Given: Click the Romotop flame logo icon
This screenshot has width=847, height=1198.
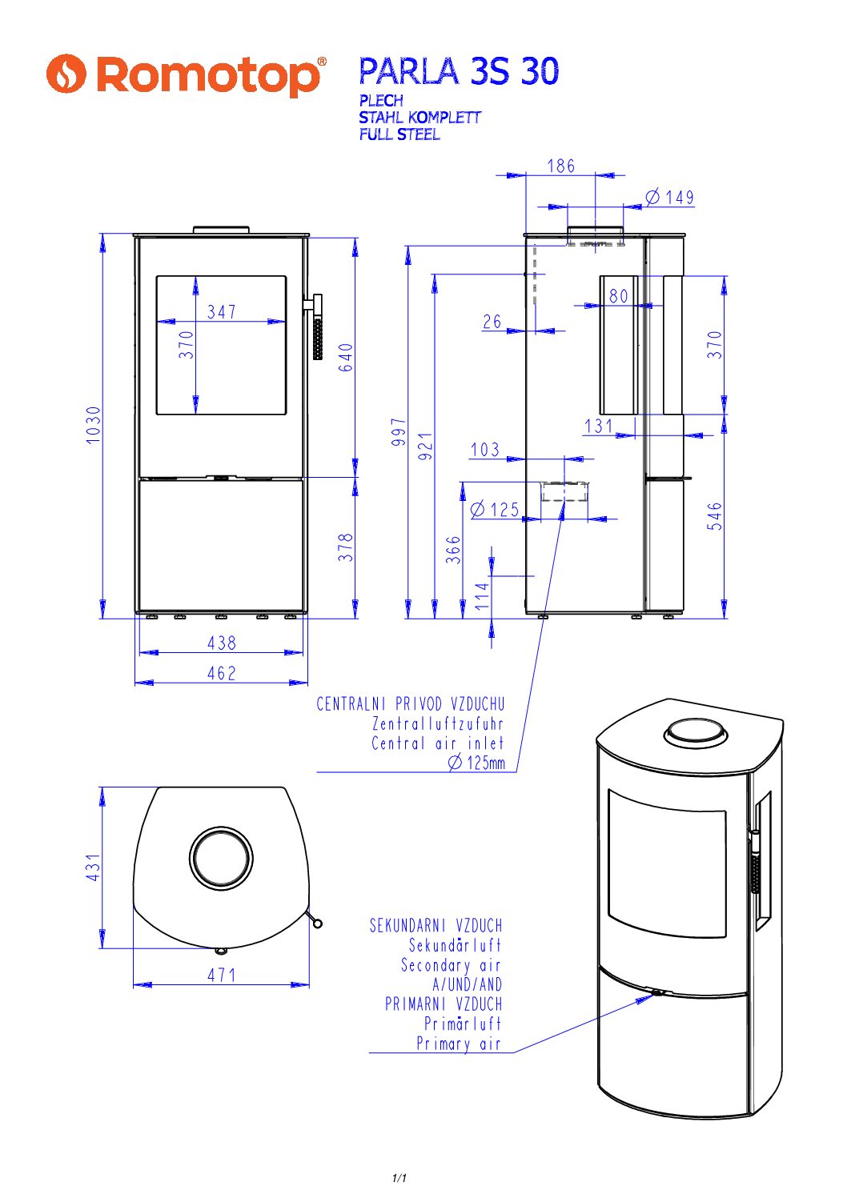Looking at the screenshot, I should (66, 74).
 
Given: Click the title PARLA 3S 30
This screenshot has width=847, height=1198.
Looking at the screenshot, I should (458, 72).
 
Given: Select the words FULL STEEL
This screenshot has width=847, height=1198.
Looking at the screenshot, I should (399, 134).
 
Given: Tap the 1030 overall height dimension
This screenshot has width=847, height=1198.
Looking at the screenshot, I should (94, 425).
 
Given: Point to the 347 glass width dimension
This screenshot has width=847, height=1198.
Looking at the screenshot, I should (222, 311).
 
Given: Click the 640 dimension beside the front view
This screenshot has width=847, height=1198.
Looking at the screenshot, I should (345, 358).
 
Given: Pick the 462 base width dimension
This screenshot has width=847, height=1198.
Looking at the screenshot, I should (222, 673).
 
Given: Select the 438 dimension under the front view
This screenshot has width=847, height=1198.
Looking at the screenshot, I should (222, 643).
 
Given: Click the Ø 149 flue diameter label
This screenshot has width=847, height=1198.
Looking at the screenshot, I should (670, 197).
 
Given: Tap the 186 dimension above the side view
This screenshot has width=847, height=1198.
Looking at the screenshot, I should (561, 166).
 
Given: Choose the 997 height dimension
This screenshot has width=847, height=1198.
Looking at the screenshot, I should (399, 431).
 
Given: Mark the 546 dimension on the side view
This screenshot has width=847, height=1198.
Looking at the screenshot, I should (715, 516).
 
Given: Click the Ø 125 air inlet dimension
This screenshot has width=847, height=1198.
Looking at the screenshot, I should (496, 510).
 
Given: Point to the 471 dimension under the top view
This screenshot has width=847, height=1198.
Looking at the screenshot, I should (222, 975).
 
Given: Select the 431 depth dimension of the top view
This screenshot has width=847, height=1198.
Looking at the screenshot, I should (93, 867).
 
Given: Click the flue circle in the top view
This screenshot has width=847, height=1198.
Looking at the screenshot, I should (221, 857).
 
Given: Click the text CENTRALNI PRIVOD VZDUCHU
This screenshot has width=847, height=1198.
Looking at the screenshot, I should (411, 704).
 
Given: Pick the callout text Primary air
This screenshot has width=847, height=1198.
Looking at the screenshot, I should (458, 1044).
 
